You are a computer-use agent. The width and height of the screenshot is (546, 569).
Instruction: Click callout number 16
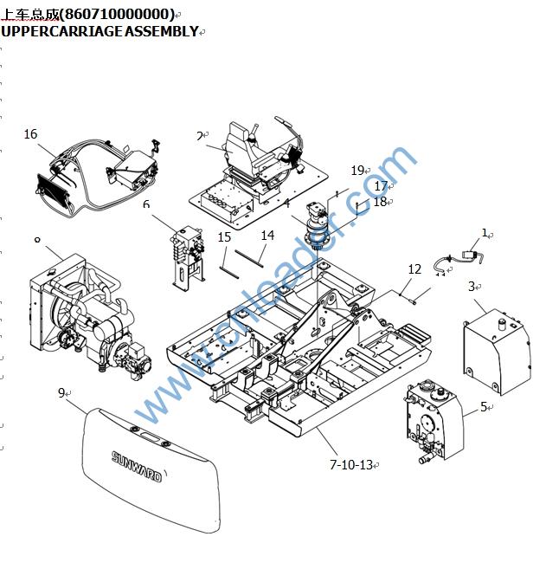pyautogui.click(x=31, y=134)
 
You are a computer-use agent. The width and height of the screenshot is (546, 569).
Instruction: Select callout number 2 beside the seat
pyautogui.click(x=199, y=136)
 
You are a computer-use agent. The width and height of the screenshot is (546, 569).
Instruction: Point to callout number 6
pyautogui.click(x=146, y=204)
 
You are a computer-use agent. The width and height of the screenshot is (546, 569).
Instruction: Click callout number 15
pyautogui.click(x=224, y=236)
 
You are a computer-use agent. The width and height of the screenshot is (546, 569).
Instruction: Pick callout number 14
pyautogui.click(x=267, y=236)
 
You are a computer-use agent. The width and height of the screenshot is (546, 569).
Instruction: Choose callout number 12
pyautogui.click(x=414, y=269)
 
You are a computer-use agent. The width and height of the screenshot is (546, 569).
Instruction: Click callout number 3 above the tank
pyautogui.click(x=472, y=286)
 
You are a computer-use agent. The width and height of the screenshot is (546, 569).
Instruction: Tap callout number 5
pyautogui.click(x=484, y=406)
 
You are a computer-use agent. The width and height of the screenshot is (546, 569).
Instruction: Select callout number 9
pyautogui.click(x=62, y=393)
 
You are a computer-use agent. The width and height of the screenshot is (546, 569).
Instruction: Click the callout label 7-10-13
pyautogui.click(x=350, y=465)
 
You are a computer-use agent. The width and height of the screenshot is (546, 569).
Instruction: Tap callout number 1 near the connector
pyautogui.click(x=485, y=233)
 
